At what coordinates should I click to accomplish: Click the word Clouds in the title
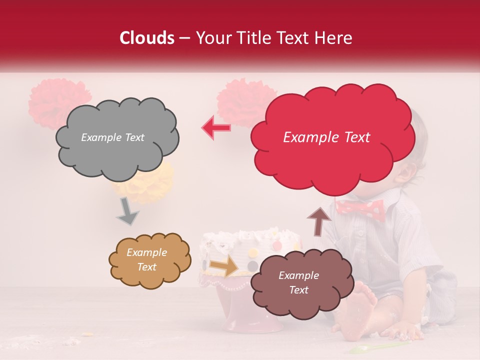[147, 38]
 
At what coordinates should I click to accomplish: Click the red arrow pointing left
[216, 128]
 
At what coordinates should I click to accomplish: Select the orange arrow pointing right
[224, 265]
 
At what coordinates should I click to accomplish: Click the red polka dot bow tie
[360, 210]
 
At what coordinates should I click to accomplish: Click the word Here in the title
[335, 38]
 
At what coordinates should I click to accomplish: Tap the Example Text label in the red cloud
[326, 137]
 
